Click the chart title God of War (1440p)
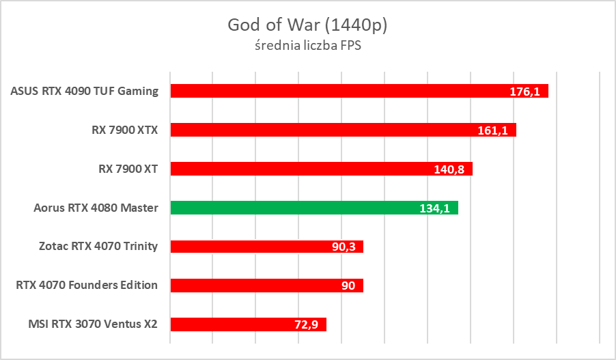click(x=307, y=25)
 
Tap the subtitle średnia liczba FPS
click(x=307, y=47)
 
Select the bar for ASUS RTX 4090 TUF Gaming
click(x=341, y=91)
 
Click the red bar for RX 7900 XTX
click(x=328, y=130)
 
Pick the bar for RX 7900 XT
click(x=307, y=169)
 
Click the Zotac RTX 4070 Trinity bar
click(x=253, y=247)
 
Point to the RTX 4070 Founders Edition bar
click(x=253, y=286)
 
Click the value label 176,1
click(x=525, y=92)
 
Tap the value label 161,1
click(x=492, y=130)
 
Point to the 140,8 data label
click(x=449, y=169)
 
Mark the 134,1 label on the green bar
click(x=434, y=208)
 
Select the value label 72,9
click(x=307, y=325)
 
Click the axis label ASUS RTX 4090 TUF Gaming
click(x=85, y=91)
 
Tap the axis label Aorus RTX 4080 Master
click(x=96, y=208)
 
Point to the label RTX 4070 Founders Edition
click(x=87, y=286)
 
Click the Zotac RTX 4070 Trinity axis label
click(x=98, y=247)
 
